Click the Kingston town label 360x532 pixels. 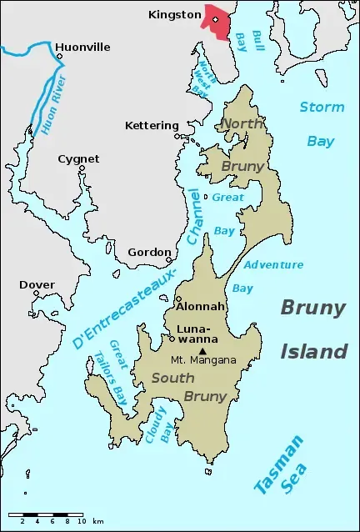[175, 14]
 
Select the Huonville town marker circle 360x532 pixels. [59, 57]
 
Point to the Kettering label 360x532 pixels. [152, 125]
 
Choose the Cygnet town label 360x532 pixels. [78, 158]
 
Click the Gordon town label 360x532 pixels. [149, 252]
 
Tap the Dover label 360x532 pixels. [37, 284]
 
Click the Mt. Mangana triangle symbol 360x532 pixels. [202, 350]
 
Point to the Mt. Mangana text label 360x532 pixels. [203, 360]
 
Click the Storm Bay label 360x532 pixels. [321, 123]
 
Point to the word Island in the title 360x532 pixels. [312, 351]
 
